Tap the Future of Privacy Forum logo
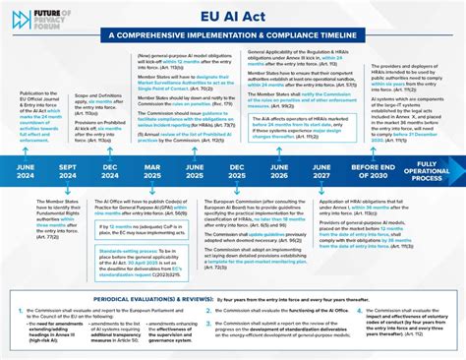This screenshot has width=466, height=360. click(x=22, y=19)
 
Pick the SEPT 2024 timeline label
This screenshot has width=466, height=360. click(x=69, y=170)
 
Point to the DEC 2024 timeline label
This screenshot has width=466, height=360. click(x=109, y=170)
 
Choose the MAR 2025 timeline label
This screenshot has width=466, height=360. click(x=152, y=170)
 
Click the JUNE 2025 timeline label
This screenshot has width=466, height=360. click(x=194, y=170)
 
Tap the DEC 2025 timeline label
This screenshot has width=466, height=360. click(x=237, y=170)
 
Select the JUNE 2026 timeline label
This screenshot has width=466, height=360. click(x=280, y=170)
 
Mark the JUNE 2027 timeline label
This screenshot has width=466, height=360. click(x=321, y=170)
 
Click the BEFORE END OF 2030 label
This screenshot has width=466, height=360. click(x=373, y=170)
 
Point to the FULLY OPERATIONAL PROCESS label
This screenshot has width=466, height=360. click(x=427, y=170)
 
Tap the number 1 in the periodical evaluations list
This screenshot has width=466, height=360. click(x=21, y=310)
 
